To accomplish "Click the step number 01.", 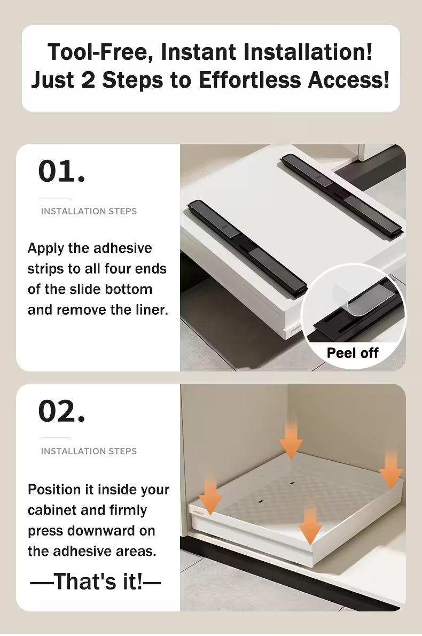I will [61, 172].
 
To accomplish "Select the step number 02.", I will [61, 411].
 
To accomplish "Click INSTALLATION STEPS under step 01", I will [89, 211].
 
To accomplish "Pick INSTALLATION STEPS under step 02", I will [89, 451].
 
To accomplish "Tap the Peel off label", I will [352, 353].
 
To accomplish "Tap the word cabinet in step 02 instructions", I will [53, 510].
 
